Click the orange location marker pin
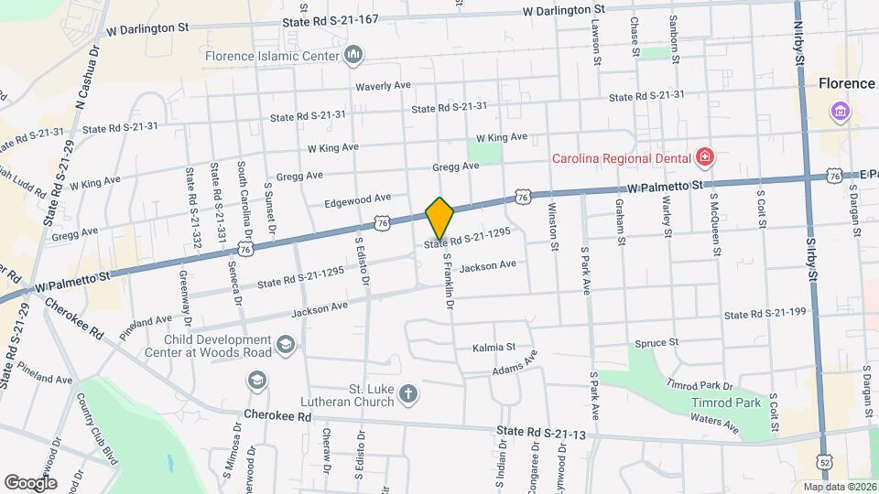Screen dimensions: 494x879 point(439,218)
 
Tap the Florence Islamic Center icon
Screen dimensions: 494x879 point(353,57)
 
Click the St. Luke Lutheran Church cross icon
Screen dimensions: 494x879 point(408,395)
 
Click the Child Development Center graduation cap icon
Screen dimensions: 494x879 point(286,344)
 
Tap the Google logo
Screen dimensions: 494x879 point(30,482)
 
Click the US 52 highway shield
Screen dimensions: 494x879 point(825,461)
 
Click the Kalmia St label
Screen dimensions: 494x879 point(494,348)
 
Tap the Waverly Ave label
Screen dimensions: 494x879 point(384,85)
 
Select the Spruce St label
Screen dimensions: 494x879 point(656,342)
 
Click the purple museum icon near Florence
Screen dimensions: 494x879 point(840,113)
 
